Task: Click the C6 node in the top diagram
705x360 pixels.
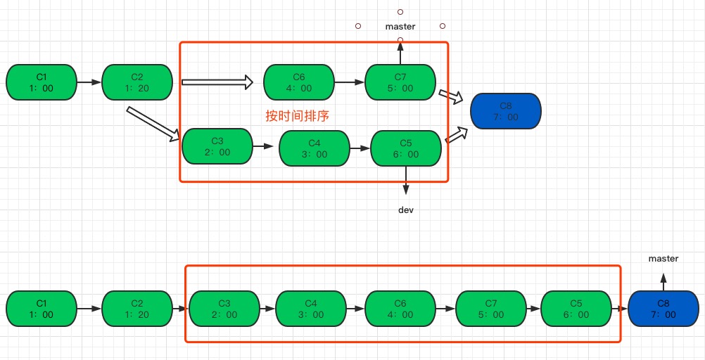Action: tap(299, 82)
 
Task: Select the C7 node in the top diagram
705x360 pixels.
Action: tap(400, 82)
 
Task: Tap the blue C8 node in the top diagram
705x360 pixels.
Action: tap(504, 111)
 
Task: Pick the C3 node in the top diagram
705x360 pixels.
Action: tap(217, 146)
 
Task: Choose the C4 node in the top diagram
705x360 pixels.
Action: tap(315, 148)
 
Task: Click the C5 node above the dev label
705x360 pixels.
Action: tap(406, 148)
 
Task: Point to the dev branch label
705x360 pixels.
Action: tap(405, 210)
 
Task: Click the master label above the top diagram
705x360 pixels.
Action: tap(400, 27)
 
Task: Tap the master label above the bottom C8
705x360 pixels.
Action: tap(663, 259)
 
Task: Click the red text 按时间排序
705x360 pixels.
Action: tap(297, 116)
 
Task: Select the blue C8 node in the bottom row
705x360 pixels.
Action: tap(663, 309)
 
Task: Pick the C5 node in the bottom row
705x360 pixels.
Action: tap(576, 309)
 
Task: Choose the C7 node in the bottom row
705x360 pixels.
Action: tap(490, 309)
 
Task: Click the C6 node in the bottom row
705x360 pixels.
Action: tap(400, 309)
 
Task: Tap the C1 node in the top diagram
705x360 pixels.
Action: tap(41, 82)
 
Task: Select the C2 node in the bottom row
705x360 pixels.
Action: tap(136, 309)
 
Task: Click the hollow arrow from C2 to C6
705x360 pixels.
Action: tap(217, 82)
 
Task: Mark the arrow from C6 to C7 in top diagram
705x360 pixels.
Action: tap(349, 82)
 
